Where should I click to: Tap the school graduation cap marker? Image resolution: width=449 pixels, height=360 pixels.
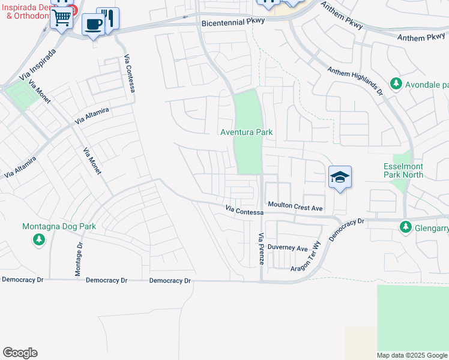point(340,177)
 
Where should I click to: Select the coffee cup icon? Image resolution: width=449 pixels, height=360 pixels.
point(92,24)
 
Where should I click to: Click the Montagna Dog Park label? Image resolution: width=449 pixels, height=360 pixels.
point(59,227)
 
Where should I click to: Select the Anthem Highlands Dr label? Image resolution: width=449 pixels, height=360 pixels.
point(355,80)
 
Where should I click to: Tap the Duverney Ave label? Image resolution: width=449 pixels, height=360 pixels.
point(288,248)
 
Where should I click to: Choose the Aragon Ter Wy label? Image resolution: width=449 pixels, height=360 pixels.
point(306,262)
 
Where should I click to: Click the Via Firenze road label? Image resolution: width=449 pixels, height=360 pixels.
point(261,250)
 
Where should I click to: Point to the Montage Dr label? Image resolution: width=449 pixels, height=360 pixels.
point(78,260)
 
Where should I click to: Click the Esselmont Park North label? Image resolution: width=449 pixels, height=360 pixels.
point(403,170)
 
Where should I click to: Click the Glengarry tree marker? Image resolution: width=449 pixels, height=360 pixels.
point(406,227)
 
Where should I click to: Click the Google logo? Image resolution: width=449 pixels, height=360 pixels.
point(20,353)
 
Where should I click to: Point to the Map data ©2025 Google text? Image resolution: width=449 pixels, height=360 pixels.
point(411,355)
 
